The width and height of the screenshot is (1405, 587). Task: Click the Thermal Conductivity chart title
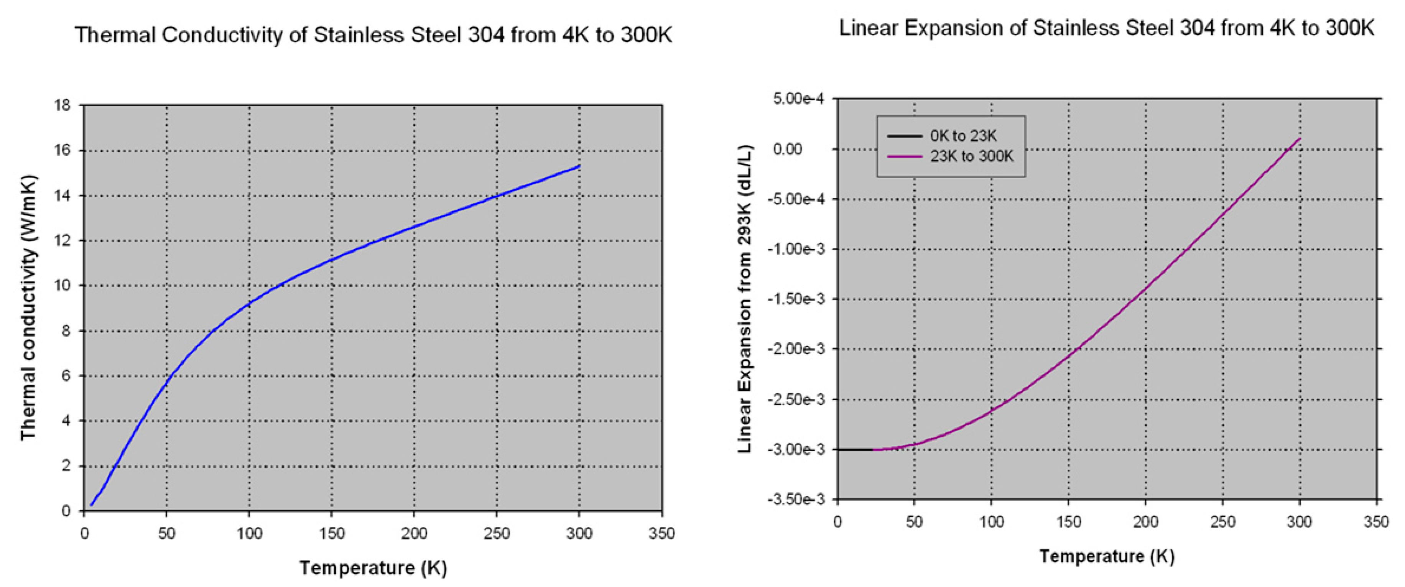[x=373, y=35]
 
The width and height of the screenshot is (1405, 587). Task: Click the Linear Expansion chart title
[x=1106, y=28]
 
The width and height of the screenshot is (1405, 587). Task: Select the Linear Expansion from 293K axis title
[x=745, y=299]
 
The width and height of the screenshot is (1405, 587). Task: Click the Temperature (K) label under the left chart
[x=373, y=567]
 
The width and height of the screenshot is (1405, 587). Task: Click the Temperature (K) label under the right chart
[x=1107, y=556]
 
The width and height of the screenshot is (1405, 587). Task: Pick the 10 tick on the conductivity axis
[x=63, y=285]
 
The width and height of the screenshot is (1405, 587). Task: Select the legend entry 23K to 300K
[x=971, y=156]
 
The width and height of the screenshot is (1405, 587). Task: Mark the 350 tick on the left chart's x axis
[x=661, y=533]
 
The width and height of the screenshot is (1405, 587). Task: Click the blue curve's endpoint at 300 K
[x=579, y=166]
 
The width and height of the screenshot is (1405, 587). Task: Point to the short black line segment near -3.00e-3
[x=855, y=449]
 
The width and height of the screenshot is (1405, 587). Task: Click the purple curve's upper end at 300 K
[x=1300, y=139]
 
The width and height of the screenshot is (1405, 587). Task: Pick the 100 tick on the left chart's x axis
[x=249, y=533]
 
